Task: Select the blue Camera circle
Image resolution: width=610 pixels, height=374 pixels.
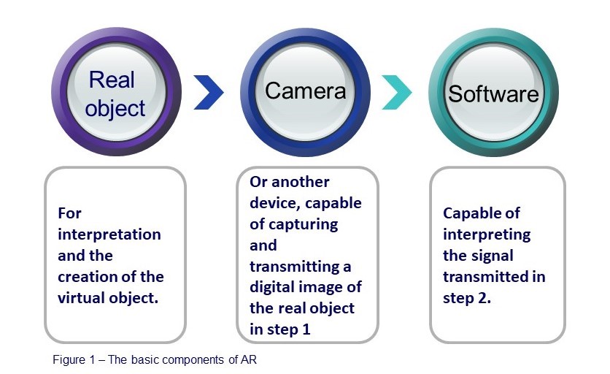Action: tap(304, 92)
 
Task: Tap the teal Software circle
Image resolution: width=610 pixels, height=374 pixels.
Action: tap(493, 92)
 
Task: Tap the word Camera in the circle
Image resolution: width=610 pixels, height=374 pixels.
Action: tap(304, 91)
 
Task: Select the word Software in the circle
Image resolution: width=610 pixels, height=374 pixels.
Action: tap(493, 94)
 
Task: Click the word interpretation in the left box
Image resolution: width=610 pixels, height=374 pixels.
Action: tap(109, 234)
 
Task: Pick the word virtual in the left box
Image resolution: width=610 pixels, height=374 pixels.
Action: tap(80, 298)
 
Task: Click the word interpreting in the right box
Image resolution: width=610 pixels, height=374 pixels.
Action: tap(487, 234)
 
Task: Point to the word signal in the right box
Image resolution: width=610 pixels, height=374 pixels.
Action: tap(492, 256)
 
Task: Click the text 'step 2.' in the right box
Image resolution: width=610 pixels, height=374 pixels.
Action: tap(467, 298)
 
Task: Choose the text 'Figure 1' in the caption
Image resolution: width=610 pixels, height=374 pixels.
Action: tap(73, 360)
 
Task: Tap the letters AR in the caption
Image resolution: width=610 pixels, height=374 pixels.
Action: tap(248, 360)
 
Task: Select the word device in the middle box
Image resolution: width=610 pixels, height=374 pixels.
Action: tap(271, 202)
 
